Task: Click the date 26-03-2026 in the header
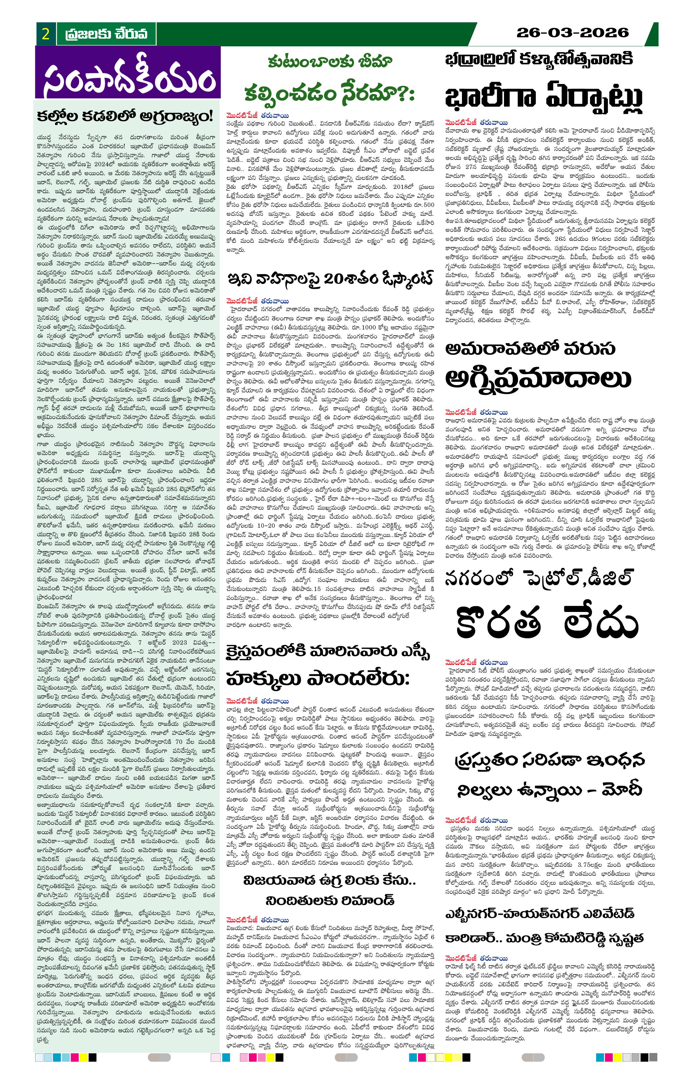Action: [572, 33]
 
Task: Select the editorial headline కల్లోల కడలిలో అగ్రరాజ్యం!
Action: [125, 116]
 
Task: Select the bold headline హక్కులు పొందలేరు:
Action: [318, 679]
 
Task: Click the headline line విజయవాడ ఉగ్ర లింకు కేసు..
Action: [330, 880]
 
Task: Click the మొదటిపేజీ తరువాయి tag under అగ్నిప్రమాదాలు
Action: [477, 412]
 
